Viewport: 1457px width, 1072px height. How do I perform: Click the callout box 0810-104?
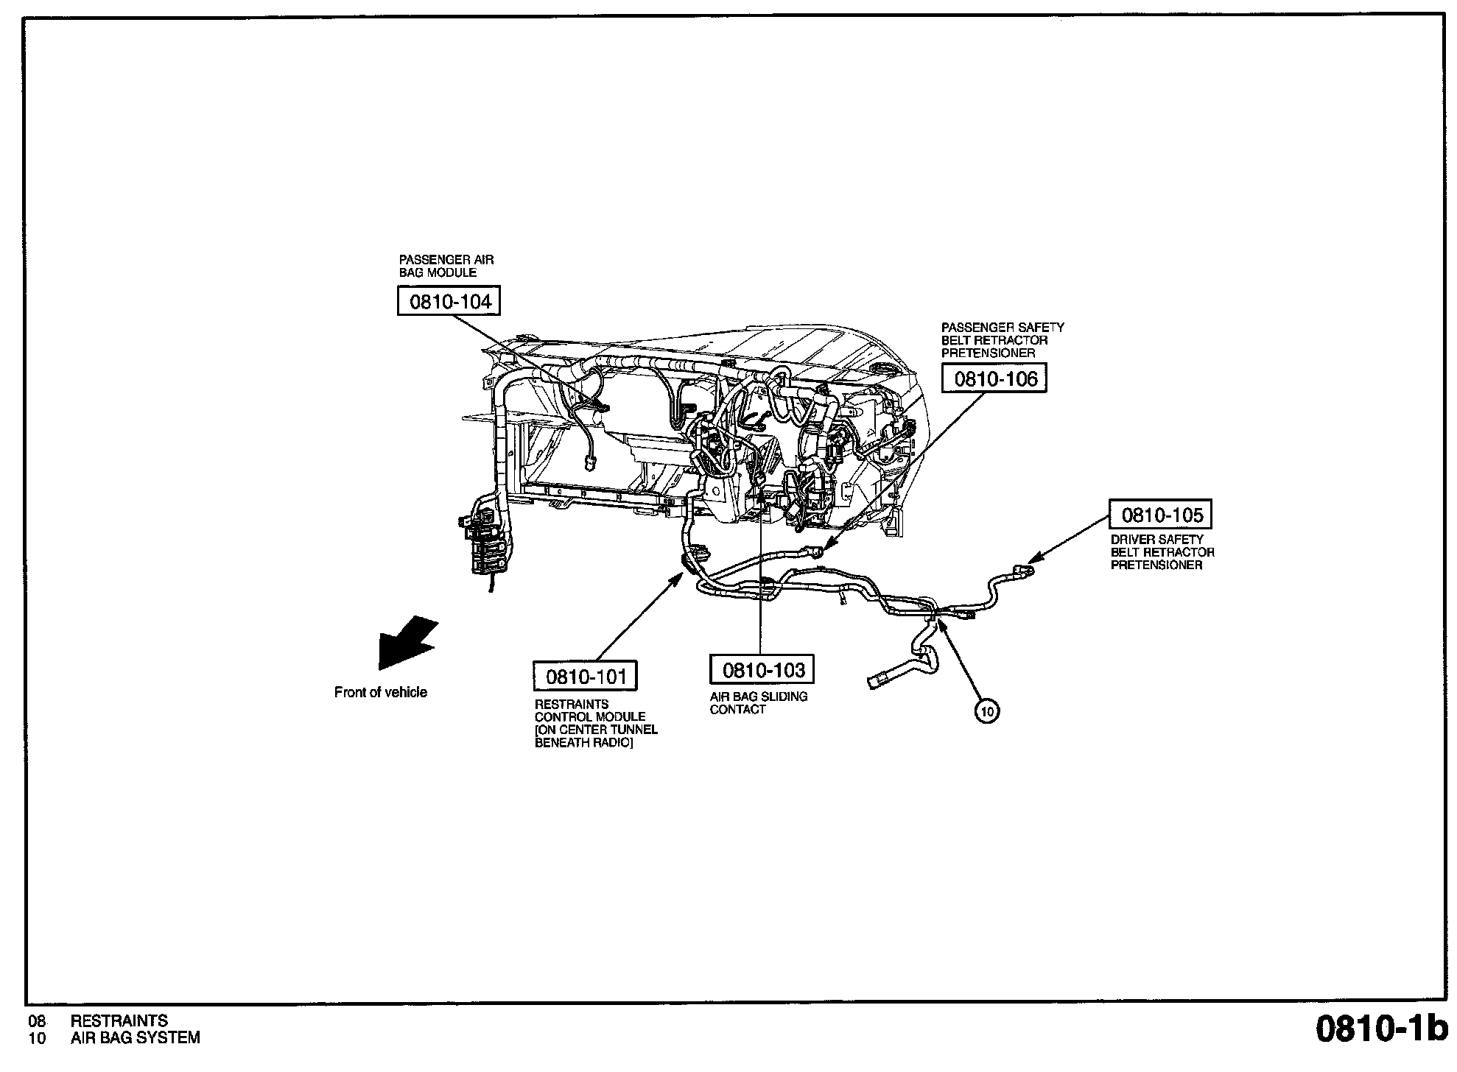click(449, 301)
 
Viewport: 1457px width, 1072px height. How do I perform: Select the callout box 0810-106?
click(994, 378)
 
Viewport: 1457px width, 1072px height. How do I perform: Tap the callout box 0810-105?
click(1161, 515)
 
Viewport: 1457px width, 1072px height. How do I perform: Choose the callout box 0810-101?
click(585, 675)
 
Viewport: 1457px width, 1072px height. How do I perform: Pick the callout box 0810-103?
click(762, 669)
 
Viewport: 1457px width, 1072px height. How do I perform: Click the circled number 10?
click(987, 710)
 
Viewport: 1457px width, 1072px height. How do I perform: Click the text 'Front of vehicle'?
click(380, 692)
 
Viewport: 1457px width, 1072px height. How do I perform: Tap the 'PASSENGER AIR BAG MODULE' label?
click(446, 266)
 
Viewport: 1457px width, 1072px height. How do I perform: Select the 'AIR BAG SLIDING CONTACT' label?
click(758, 702)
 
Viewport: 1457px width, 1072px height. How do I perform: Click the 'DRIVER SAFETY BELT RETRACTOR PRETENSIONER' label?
click(1162, 552)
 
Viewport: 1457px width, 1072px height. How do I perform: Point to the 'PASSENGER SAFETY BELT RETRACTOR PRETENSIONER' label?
click(1002, 340)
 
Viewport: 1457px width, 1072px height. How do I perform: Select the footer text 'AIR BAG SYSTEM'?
click(135, 1038)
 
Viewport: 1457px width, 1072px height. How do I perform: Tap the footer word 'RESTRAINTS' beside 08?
click(119, 1020)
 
